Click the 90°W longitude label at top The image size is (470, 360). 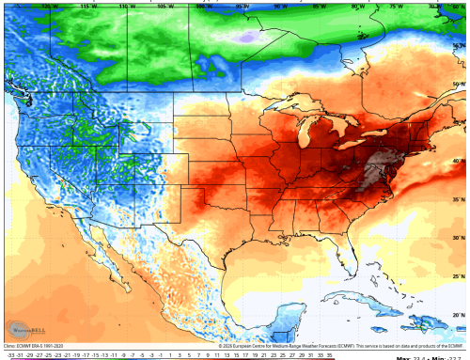(279, 6)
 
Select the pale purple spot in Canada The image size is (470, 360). (246, 37)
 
